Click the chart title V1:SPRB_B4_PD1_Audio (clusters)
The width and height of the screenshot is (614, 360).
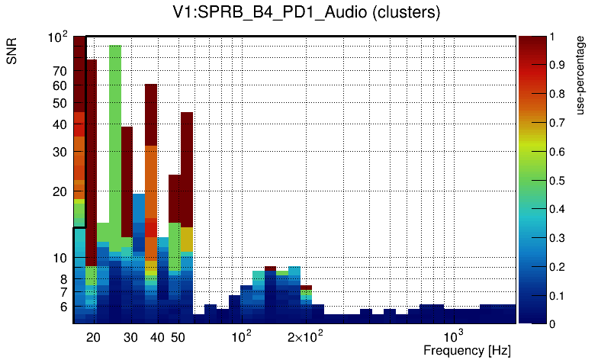coord(307,13)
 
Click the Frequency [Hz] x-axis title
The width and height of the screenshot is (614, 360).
coord(467,350)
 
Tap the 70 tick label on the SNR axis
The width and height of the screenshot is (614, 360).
coord(60,72)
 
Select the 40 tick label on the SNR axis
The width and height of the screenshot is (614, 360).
coord(60,124)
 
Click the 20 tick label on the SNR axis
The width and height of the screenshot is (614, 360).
coord(60,192)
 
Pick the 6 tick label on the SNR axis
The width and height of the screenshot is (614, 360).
coord(63,307)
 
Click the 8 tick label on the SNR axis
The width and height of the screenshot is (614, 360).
coord(63,279)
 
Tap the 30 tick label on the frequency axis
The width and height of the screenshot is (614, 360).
coord(130,337)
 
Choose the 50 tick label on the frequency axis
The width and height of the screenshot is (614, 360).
coord(177,337)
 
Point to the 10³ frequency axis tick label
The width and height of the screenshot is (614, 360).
coord(454,336)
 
